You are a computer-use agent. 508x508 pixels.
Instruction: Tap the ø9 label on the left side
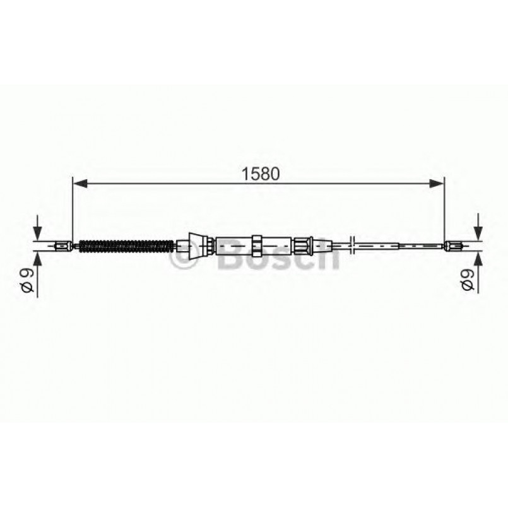pos(27,279)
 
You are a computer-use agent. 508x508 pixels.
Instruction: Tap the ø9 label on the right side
pos(468,279)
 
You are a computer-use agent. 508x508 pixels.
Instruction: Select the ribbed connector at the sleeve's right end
pos(302,244)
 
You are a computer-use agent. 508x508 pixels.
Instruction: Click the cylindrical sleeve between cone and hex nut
pos(233,244)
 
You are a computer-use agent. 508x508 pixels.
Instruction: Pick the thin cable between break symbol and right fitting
pos(404,245)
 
